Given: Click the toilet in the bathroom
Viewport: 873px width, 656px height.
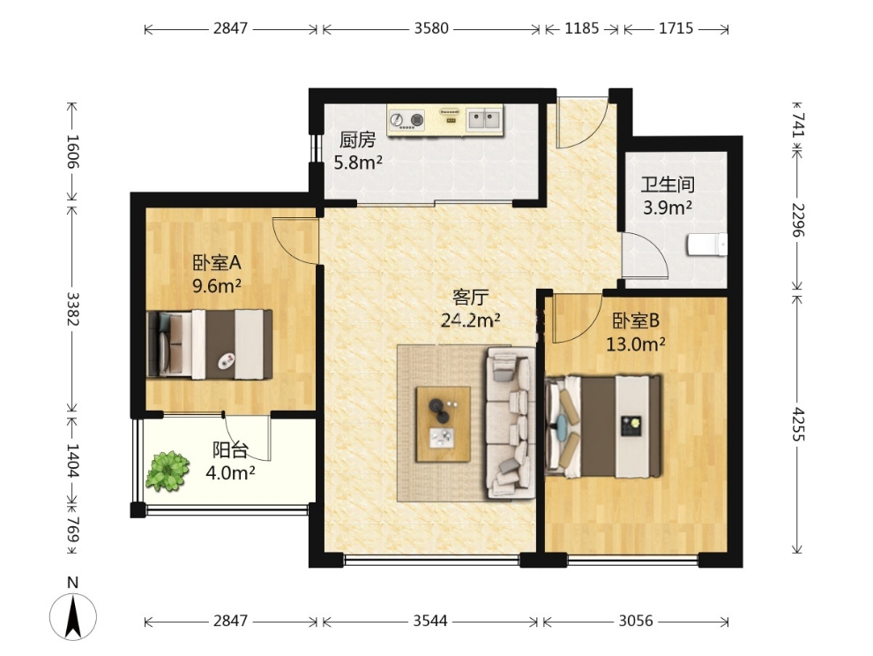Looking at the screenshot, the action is tap(707, 244).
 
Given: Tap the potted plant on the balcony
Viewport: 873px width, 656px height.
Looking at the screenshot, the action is tap(167, 471).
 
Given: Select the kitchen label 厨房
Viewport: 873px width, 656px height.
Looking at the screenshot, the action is tap(357, 139).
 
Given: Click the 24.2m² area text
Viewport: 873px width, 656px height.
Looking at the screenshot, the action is tap(470, 320).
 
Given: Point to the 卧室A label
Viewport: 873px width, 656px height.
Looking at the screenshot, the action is tap(217, 262).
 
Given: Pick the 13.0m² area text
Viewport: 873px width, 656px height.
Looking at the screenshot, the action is tap(635, 344).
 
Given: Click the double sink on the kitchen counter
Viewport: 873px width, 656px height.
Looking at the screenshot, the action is tap(484, 119).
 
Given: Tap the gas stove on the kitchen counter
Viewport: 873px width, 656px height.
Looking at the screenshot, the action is tap(407, 120).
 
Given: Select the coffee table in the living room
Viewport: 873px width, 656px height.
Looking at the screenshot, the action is tap(444, 424).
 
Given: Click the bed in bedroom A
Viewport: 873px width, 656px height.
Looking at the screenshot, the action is tap(210, 344).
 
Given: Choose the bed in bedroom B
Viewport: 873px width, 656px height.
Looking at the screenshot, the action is tap(603, 426).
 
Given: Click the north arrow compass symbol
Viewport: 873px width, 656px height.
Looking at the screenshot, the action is tap(73, 616).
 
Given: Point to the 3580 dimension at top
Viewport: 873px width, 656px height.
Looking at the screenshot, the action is tap(431, 28).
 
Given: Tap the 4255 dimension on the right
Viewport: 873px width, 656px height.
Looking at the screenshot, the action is tap(798, 424).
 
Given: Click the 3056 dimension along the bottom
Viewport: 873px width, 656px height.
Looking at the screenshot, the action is tap(635, 621).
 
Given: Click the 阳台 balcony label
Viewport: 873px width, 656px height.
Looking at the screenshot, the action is tap(230, 449).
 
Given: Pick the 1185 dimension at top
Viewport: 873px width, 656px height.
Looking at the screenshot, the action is tap(582, 28).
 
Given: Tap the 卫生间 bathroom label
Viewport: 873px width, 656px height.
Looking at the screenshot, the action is tap(668, 185).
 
